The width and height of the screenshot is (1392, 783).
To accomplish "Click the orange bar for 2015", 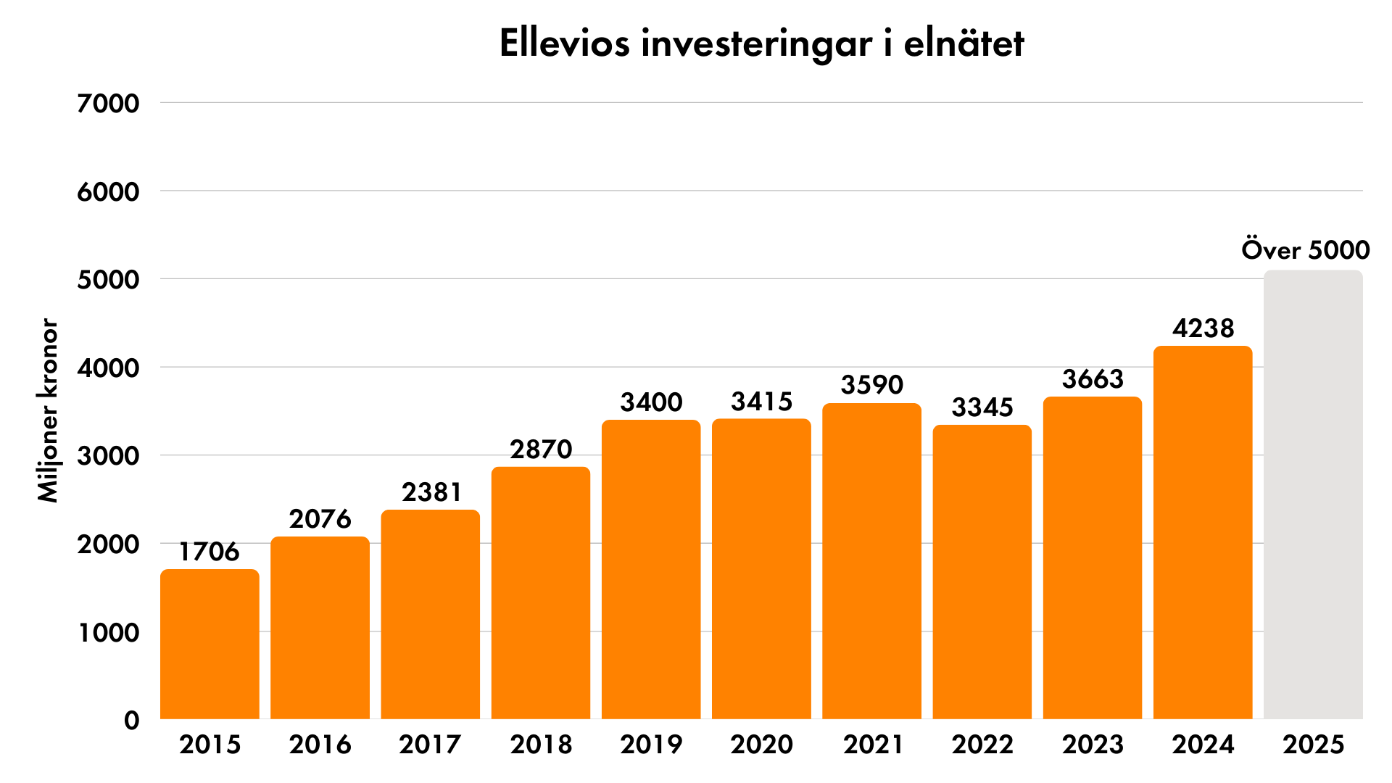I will click(x=210, y=645).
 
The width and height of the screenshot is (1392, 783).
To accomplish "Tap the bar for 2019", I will click(x=651, y=570).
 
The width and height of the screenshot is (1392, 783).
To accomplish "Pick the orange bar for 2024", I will click(x=1203, y=533).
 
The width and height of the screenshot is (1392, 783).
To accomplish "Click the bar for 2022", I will click(x=982, y=572).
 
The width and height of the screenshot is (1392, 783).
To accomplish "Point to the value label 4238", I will click(x=1203, y=328).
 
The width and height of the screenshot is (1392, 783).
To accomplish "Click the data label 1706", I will click(x=210, y=552).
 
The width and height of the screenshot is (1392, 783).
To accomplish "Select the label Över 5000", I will click(x=1305, y=250).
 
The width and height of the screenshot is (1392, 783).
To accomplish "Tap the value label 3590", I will click(x=872, y=385).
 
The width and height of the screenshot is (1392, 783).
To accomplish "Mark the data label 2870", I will click(x=541, y=449).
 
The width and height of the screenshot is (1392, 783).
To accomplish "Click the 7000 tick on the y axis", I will click(x=108, y=104).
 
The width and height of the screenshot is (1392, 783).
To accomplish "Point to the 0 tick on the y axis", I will click(x=131, y=721).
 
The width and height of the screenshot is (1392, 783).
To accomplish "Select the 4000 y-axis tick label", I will click(x=108, y=368).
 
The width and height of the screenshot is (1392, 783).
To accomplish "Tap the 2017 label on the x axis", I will click(x=430, y=745).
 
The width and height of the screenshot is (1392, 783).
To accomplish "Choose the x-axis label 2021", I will click(x=872, y=745).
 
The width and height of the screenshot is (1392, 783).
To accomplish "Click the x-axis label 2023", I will click(x=1093, y=745).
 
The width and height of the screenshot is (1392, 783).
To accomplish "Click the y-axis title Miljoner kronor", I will click(x=48, y=410).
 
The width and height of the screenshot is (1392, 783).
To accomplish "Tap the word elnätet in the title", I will click(x=964, y=43).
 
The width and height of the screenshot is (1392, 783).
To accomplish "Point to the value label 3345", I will click(x=982, y=407).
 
